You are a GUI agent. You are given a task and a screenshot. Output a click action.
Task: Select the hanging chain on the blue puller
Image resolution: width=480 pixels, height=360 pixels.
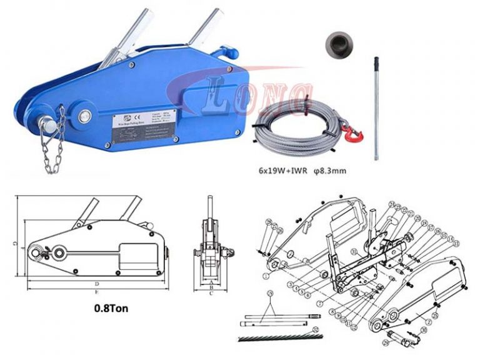tap(52, 146)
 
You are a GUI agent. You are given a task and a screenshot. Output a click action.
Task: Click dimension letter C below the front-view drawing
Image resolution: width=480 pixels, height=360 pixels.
tap(212, 291)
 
